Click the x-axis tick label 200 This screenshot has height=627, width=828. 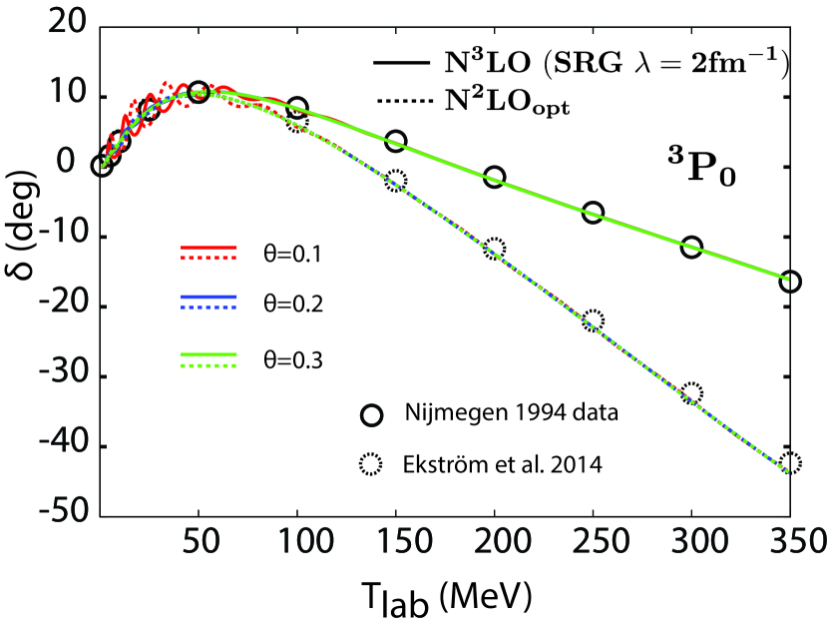493,543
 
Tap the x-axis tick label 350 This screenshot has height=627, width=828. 789,543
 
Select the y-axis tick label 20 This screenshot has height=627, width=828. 64,28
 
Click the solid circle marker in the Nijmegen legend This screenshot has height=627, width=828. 372,414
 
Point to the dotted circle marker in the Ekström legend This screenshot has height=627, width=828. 372,463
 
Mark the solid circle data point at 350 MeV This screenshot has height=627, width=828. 789,282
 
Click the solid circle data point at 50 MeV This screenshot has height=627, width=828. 199,92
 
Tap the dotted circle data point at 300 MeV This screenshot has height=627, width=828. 690,392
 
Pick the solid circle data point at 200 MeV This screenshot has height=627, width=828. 494,177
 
